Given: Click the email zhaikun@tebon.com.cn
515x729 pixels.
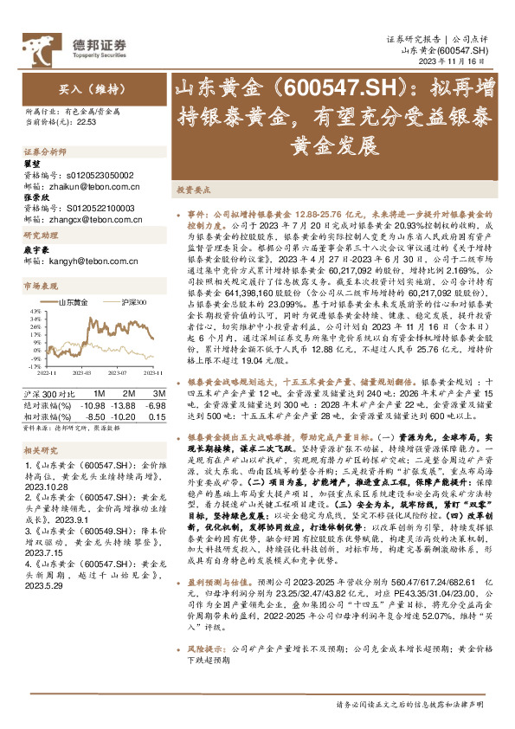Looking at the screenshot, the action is [x=82, y=186].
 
